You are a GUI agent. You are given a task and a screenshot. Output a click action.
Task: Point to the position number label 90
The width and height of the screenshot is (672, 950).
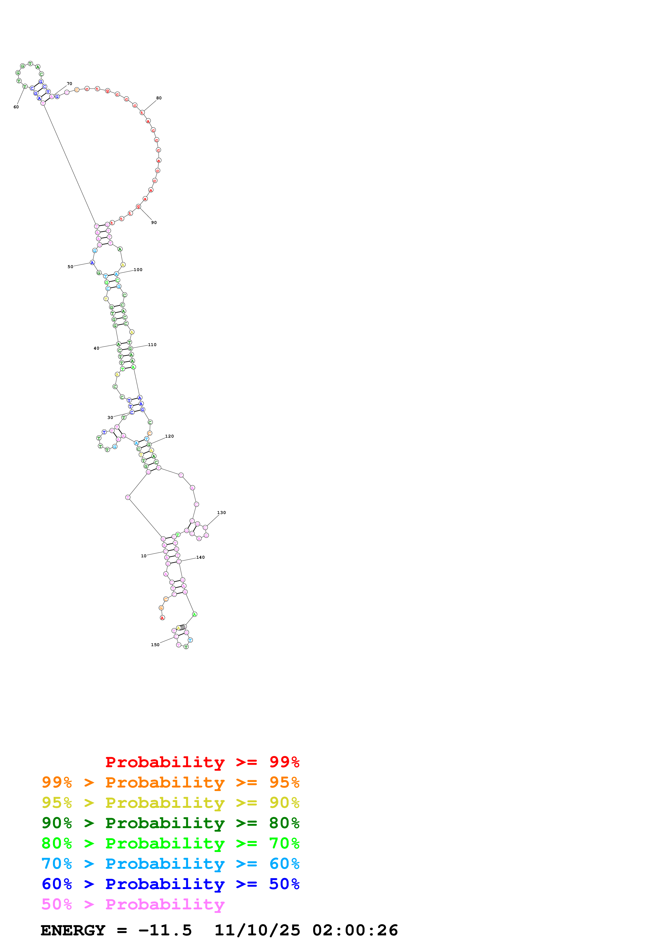tap(154, 223)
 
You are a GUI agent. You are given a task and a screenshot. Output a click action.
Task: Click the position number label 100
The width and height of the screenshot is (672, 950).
tap(138, 270)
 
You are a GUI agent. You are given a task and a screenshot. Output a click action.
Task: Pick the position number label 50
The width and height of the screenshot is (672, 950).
tap(70, 267)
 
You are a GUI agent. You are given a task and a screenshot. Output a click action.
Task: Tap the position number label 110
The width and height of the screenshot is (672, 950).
tap(152, 345)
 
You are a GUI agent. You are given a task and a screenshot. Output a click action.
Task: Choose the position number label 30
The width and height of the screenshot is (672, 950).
tap(110, 418)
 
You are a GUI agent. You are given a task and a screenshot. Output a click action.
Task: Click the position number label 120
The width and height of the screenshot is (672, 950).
tap(169, 436)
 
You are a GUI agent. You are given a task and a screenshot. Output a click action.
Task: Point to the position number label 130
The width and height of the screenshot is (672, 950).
tap(221, 513)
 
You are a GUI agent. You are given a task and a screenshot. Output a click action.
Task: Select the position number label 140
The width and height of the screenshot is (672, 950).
tap(200, 557)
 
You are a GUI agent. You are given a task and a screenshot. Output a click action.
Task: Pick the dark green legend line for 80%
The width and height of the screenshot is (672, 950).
tap(170, 823)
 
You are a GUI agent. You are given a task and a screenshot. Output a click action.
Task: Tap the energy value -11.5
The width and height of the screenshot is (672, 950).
tap(165, 930)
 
